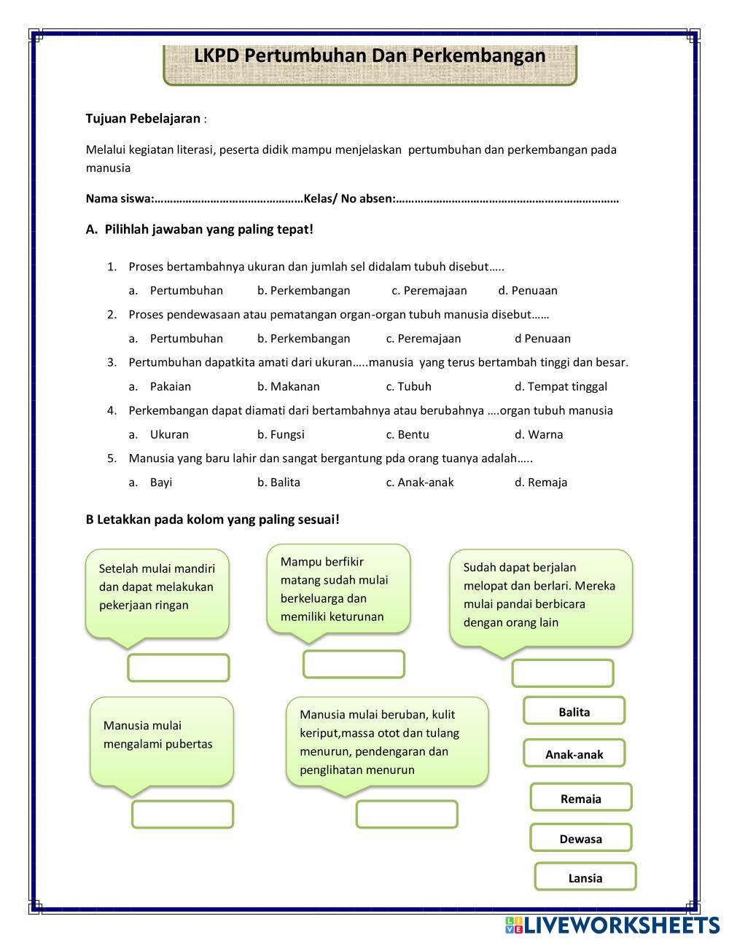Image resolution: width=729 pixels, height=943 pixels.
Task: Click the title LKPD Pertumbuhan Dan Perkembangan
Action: pos(370,56)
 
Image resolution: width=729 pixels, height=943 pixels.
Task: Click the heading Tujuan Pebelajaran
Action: pos(143,118)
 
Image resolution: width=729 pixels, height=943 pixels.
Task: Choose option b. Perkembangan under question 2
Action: pos(303,338)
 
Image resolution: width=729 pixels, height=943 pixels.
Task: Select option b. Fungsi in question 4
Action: pos(281,434)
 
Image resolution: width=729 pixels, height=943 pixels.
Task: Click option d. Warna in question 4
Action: pos(539,434)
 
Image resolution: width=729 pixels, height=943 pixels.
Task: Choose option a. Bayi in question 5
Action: pos(160,482)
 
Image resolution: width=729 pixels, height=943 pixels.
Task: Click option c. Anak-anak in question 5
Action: pos(420,482)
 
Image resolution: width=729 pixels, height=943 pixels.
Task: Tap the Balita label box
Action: pos(574,711)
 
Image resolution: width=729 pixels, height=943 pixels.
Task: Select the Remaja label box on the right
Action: pos(580,798)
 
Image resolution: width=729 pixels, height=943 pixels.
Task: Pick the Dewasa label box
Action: pos(580,838)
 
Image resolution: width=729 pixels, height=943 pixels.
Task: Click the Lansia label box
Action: pos(585,877)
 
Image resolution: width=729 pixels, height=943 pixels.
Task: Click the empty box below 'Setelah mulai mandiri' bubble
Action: pos(179,668)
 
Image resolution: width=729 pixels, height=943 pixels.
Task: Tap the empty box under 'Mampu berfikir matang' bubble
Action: pos(354,664)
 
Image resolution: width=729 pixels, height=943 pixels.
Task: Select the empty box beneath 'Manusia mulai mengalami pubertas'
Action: pos(182,815)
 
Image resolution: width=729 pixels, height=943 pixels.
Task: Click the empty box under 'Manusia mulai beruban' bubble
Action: pos(407,815)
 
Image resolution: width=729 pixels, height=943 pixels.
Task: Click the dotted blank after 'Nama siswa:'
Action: pos(229,199)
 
